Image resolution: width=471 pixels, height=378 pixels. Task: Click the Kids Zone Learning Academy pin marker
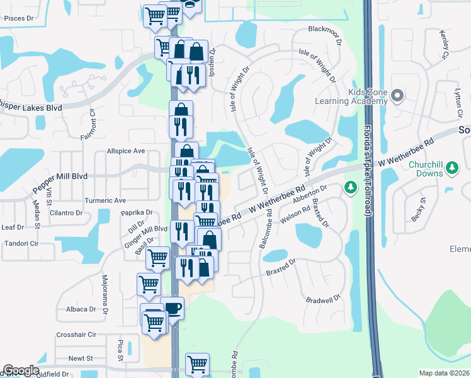coord(397,96)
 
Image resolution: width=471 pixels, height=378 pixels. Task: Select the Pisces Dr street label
coord(18,19)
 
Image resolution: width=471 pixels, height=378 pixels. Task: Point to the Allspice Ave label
coord(126,151)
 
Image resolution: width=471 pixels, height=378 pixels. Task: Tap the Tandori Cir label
coord(22,243)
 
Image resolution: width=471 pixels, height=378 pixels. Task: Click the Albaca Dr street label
coord(80,309)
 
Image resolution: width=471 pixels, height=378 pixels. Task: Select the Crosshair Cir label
coord(76,335)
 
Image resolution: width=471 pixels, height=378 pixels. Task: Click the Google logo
coord(21,370)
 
